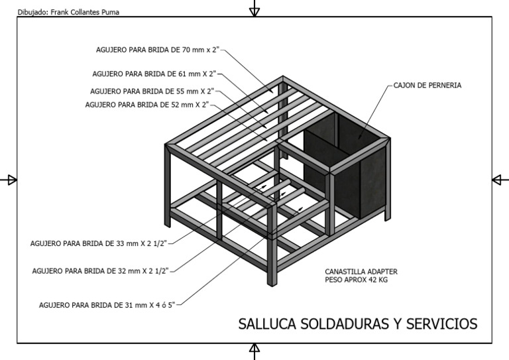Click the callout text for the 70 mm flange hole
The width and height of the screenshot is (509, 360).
coord(156,50)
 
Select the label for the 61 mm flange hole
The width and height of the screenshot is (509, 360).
coord(153,74)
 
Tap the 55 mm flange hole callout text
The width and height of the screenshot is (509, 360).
coord(152,91)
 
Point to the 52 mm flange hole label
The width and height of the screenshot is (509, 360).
coord(147,105)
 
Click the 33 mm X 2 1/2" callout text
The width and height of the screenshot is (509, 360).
coord(99,243)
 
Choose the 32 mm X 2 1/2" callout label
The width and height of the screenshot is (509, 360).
coord(101,270)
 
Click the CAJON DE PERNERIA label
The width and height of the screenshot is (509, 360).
coord(427,86)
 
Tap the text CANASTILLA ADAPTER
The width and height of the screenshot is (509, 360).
coord(361,272)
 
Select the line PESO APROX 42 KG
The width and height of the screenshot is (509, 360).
coord(357,280)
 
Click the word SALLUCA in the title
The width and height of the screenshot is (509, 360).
coord(267,324)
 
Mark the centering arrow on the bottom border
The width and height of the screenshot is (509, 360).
coord(254,351)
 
